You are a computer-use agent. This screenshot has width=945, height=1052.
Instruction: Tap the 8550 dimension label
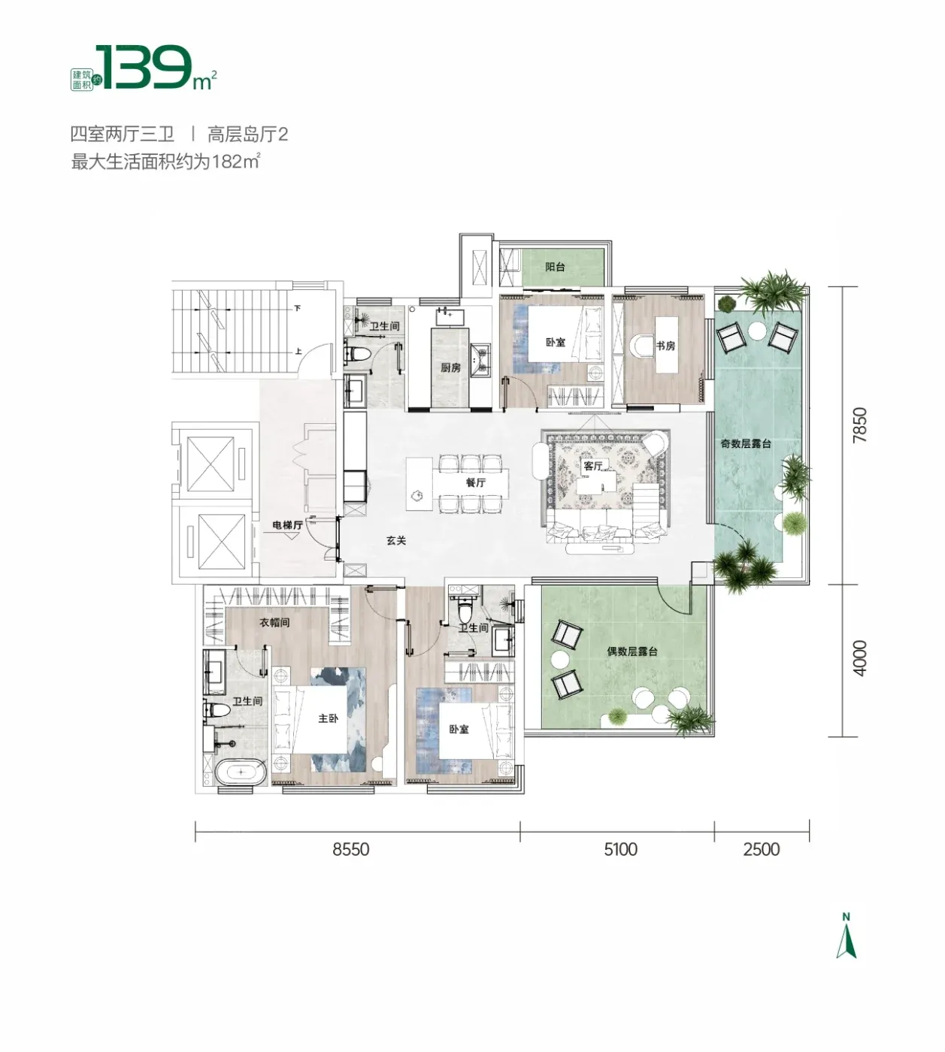click(350, 850)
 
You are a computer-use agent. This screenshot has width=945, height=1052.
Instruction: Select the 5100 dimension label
click(620, 850)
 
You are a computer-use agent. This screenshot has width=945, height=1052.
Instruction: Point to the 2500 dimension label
click(761, 850)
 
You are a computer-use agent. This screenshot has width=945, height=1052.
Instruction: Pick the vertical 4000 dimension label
click(860, 658)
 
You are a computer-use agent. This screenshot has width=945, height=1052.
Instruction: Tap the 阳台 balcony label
click(555, 267)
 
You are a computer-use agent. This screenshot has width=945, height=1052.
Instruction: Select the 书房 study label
click(665, 346)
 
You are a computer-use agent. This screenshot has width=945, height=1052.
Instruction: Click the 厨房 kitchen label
click(450, 367)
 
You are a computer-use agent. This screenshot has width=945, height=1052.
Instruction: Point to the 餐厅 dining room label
click(475, 482)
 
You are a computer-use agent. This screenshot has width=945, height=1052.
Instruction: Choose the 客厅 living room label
click(592, 466)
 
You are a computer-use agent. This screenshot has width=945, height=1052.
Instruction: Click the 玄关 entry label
click(396, 540)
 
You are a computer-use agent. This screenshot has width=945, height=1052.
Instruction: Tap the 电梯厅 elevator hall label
click(288, 525)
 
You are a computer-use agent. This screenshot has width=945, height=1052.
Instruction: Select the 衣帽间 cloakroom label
click(275, 622)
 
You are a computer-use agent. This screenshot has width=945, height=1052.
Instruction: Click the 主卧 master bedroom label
click(328, 718)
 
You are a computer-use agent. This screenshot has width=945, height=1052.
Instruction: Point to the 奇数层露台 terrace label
click(746, 443)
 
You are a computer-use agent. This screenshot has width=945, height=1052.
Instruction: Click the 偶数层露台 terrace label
click(632, 651)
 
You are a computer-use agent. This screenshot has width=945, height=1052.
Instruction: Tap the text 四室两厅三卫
click(122, 135)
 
